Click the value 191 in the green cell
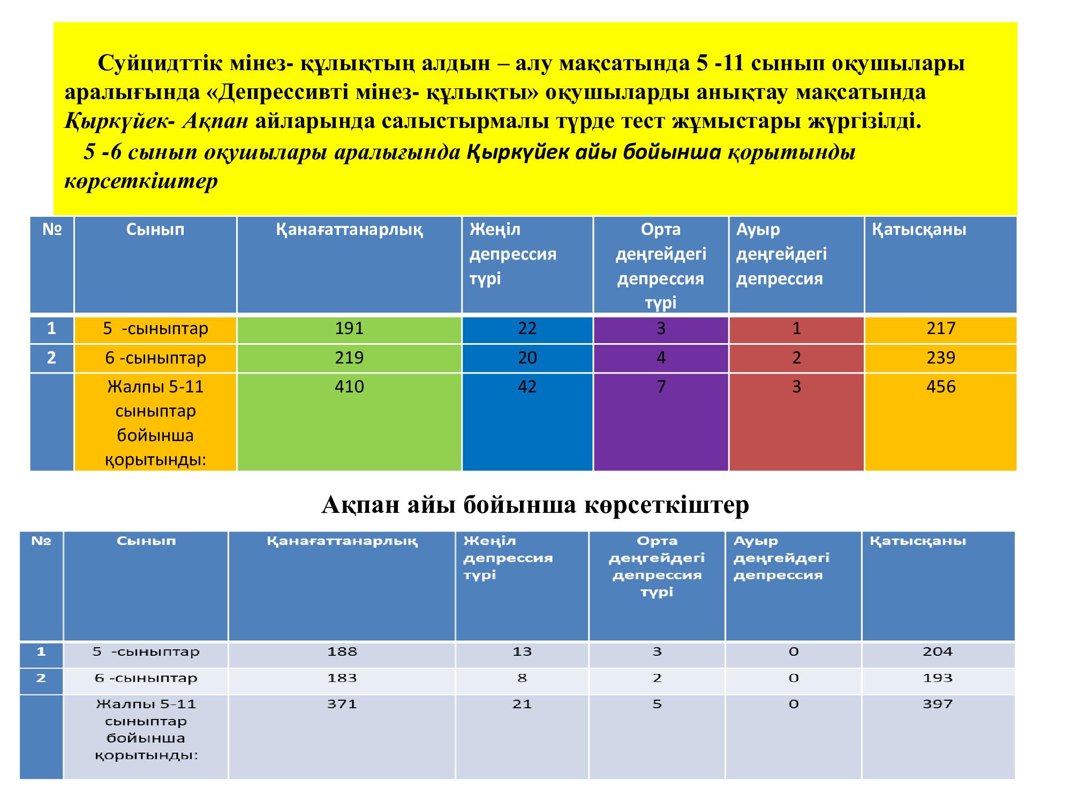[x=349, y=328]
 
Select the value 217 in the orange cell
[x=940, y=328]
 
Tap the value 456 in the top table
[x=940, y=387]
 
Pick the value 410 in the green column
[x=349, y=387]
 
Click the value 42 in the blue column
[x=527, y=387]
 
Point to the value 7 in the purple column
[x=661, y=387]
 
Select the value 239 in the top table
[x=940, y=358]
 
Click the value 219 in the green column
[x=349, y=358]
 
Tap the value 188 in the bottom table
[x=342, y=652]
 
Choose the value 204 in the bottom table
[x=938, y=652]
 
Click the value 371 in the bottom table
[x=342, y=704]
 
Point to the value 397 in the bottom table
[x=938, y=704]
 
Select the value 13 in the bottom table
[x=522, y=652]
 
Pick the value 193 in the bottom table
[x=938, y=678]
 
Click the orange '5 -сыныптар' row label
[x=155, y=328]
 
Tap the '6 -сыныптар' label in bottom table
[x=146, y=678]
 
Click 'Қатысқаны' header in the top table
[x=919, y=230]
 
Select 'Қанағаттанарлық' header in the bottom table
[x=342, y=541]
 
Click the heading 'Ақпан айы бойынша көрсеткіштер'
[x=535, y=504]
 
